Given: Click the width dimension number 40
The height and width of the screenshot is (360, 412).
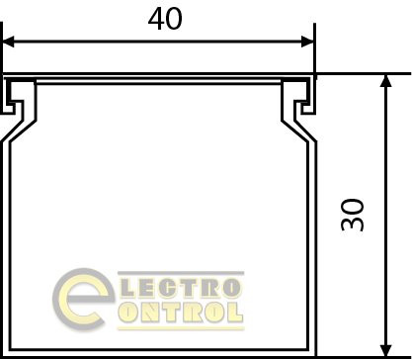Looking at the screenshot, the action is click(x=165, y=19).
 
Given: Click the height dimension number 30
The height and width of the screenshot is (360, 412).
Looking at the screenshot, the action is click(x=353, y=215).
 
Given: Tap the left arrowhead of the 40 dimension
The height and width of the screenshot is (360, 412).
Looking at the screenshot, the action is click(x=8, y=42).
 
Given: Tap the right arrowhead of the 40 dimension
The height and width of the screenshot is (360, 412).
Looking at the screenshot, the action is click(x=308, y=42).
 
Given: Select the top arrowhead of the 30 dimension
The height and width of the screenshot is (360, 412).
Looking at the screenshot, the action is click(x=385, y=81).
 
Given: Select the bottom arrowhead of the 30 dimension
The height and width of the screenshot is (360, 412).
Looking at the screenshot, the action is click(x=385, y=350).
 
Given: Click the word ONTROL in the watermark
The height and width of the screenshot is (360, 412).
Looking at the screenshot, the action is click(x=181, y=313).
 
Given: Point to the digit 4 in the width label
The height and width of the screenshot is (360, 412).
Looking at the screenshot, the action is click(x=156, y=19).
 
